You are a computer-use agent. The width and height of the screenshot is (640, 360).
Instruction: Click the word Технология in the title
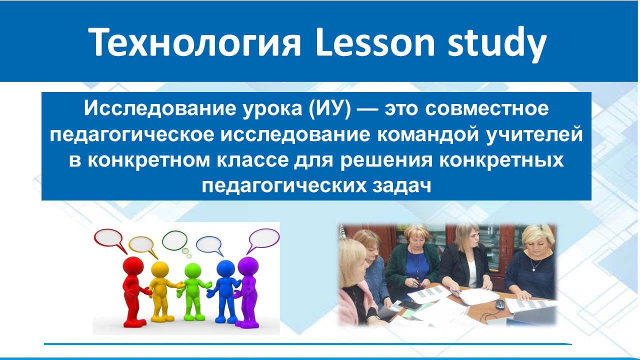point(194,42)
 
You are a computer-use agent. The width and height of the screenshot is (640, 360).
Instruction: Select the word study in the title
point(497,44)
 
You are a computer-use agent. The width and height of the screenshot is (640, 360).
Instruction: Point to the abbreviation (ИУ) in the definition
point(329,108)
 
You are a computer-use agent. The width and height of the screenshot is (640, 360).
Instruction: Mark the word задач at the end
point(401,186)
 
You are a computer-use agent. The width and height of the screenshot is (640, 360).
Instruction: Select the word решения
point(386,161)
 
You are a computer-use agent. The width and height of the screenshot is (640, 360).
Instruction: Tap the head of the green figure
point(192,271)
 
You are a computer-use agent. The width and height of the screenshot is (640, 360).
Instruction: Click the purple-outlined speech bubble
point(263,240)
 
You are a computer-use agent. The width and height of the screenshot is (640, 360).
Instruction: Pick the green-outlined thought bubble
point(175,241)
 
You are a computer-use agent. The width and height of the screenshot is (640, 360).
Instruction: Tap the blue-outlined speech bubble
point(209,245)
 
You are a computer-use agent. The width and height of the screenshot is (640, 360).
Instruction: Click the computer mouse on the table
point(499,304)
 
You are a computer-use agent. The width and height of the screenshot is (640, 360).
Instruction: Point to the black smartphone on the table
point(410,305)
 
